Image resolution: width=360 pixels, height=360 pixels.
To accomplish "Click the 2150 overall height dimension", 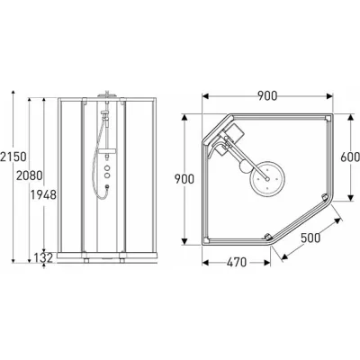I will coord(10,166).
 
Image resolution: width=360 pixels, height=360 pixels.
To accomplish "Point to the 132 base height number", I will coord(43,259).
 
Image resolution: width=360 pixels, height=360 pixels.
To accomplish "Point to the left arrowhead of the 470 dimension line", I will coord(203,262).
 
